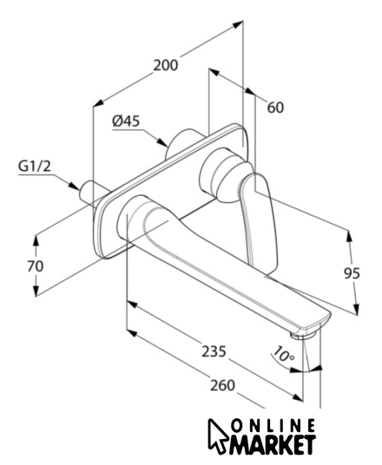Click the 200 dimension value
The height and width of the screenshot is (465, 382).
(166, 65)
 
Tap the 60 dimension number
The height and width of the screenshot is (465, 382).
(275, 108)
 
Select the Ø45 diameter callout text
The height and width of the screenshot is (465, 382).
(126, 121)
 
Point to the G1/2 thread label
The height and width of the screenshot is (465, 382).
(35, 167)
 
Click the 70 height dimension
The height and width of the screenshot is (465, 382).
(36, 266)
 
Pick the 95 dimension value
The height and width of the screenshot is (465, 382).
(352, 273)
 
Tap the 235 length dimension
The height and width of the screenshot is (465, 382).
(214, 351)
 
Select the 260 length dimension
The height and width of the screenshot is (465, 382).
(222, 385)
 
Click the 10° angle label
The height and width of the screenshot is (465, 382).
(283, 354)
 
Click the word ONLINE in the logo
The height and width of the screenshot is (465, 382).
(273, 426)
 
